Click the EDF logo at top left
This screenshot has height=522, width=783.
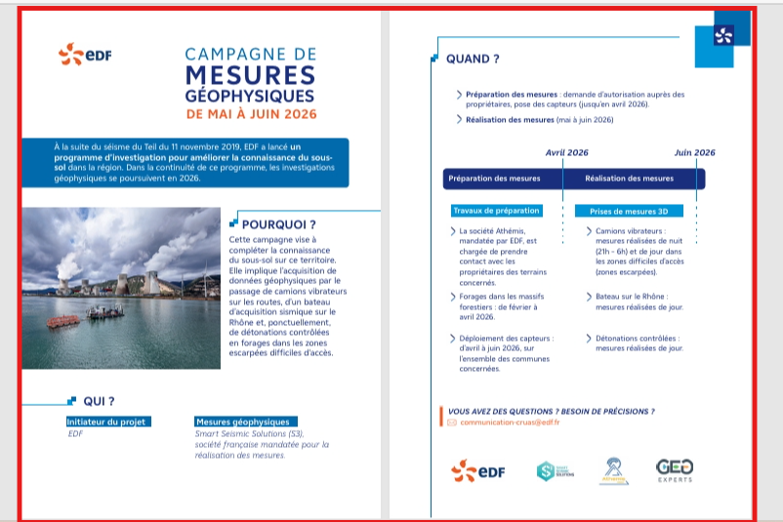(x=85, y=55)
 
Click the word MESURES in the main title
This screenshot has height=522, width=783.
(x=250, y=75)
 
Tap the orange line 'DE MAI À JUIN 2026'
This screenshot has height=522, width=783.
(x=250, y=114)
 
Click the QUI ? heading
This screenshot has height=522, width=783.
(x=99, y=401)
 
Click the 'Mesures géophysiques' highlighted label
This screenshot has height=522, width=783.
(x=242, y=422)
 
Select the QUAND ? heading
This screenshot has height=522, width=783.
(x=473, y=59)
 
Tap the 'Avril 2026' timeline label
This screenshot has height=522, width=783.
(x=566, y=152)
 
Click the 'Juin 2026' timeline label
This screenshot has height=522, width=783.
(x=694, y=152)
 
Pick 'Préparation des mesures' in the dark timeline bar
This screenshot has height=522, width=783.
(x=494, y=179)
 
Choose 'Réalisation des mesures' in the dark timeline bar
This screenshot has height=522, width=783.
(x=629, y=179)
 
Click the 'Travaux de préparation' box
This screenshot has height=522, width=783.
(x=496, y=211)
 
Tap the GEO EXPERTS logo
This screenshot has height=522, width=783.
(x=675, y=470)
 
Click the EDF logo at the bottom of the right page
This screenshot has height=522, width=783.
(x=478, y=470)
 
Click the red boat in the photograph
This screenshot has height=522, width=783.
(x=64, y=321)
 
